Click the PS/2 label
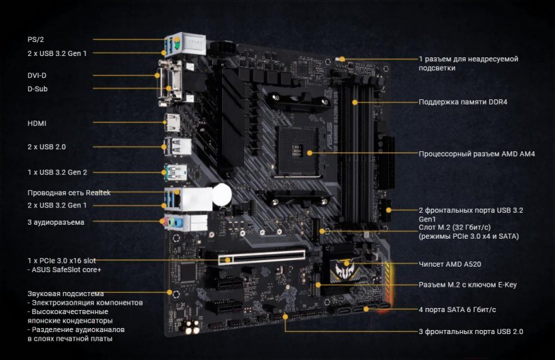[36, 39]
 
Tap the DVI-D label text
[37, 75]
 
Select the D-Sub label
[37, 89]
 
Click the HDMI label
[37, 123]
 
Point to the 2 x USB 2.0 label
[47, 147]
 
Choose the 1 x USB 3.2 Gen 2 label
[57, 172]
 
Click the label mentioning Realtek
[69, 193]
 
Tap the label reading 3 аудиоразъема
[56, 223]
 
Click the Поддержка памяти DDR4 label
[463, 102]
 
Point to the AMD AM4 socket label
[477, 154]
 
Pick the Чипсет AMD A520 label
[450, 264]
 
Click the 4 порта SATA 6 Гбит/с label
[458, 310]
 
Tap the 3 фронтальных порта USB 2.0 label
[471, 332]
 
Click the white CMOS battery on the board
[222, 195]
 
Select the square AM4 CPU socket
[297, 151]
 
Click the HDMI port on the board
[172, 123]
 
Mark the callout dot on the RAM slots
[355, 102]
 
